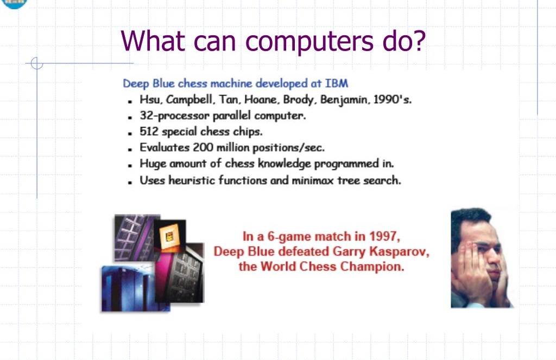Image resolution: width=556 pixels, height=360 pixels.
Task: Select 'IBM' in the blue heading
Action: click(x=337, y=84)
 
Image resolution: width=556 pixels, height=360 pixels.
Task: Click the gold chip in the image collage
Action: click(x=170, y=236)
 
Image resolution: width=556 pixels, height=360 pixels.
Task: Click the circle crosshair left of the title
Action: click(x=36, y=64)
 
